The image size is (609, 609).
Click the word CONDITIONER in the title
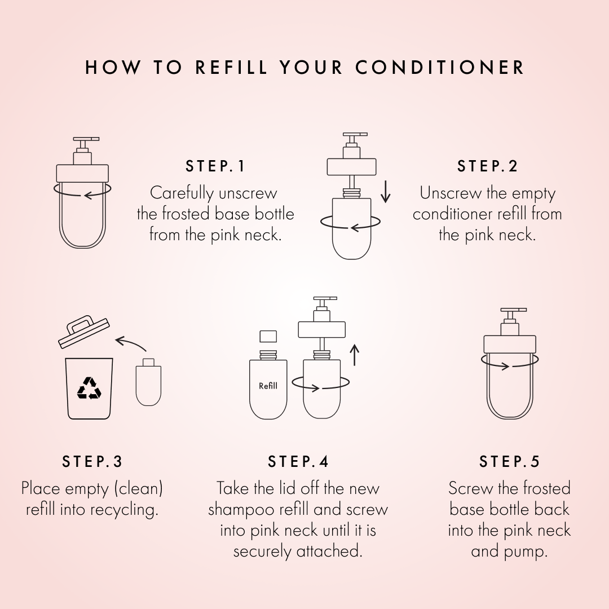point(440,68)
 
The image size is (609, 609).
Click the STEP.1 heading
point(216,166)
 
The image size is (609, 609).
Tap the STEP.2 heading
point(487,166)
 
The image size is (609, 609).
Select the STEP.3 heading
point(92,461)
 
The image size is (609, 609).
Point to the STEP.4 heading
point(298,461)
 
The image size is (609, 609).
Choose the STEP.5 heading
point(510,461)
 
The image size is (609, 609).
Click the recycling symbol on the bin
point(89,388)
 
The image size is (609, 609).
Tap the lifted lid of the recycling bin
point(83,332)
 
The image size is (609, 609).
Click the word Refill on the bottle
point(268,386)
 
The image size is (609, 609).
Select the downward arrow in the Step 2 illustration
point(385,192)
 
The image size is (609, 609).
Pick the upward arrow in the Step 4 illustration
point(354,355)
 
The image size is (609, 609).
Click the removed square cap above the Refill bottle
point(268,337)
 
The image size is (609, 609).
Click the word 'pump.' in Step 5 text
point(509,551)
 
